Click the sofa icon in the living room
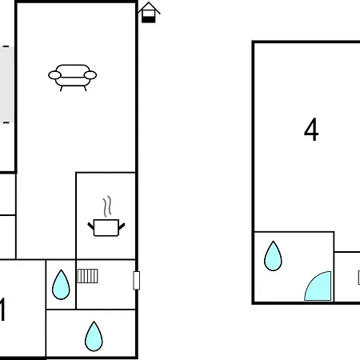coord(72,77)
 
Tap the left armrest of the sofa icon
coord(54,75)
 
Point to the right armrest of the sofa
coord(90,75)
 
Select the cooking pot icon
coord(106,227)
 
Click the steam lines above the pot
coord(107,206)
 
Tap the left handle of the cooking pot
coord(91,226)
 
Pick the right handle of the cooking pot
coord(122,226)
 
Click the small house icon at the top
coord(149,13)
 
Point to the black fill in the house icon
coord(148,19)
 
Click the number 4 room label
coord(311,130)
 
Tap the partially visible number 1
coord(2,310)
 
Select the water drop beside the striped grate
coord(61,285)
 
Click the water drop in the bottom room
coord(94,336)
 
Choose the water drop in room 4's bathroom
coord(273,256)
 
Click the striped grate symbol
coord(88,276)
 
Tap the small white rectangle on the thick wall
coord(136,280)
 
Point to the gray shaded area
coord(6,85)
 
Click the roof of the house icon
coord(149,7)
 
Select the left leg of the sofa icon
coord(62,89)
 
